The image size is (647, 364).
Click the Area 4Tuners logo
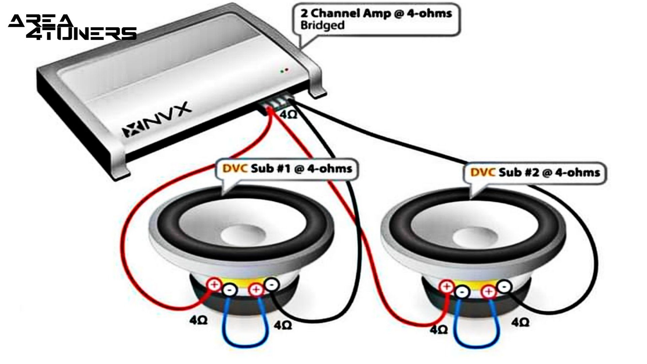click(x=72, y=27)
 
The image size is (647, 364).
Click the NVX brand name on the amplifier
click(x=157, y=119)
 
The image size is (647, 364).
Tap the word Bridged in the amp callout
click(x=322, y=26)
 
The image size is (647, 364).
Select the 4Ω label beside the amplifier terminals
click(x=289, y=115)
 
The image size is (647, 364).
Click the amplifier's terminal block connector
click(x=276, y=103)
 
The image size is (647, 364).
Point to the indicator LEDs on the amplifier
click(x=285, y=71)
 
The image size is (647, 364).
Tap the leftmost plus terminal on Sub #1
click(x=214, y=285)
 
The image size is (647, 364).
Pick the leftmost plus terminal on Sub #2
click(x=447, y=287)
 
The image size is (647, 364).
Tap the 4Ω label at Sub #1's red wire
click(x=198, y=320)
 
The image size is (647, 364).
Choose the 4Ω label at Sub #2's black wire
click(x=520, y=323)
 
